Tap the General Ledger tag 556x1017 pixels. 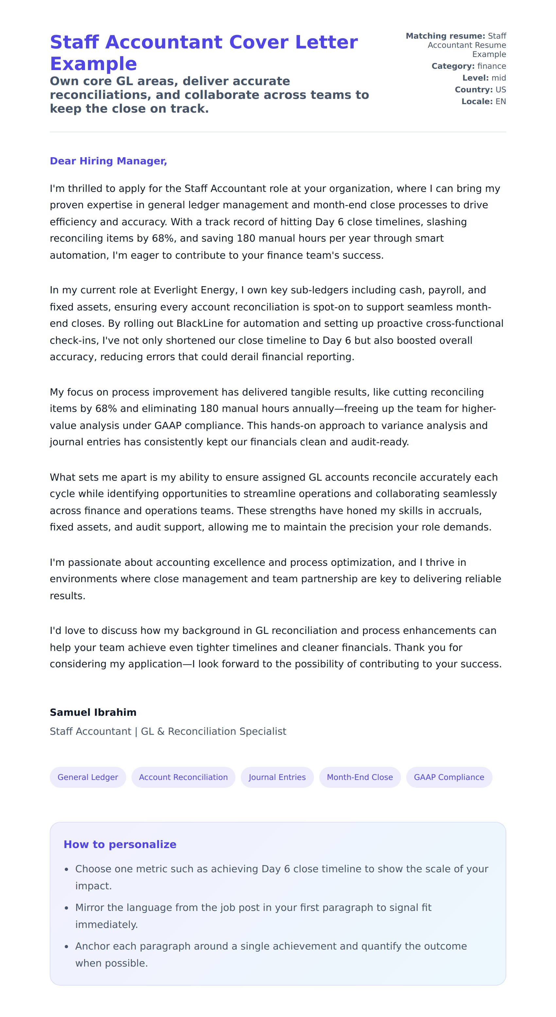pos(88,777)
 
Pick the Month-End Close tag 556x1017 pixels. pos(360,777)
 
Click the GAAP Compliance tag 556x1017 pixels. pos(449,777)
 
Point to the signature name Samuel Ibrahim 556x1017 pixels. pos(93,712)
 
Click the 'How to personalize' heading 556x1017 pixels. pos(120,844)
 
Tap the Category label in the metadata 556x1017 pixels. pos(453,66)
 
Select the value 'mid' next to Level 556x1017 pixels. pos(498,78)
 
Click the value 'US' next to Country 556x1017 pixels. pos(500,90)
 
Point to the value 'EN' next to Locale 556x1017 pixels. pos(500,102)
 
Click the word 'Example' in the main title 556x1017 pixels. pos(94,64)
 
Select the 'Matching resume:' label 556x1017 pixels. pos(445,36)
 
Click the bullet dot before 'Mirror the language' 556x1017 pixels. pos(67,908)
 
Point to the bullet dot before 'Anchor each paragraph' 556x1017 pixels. pos(67,947)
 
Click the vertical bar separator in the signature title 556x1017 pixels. pos(136,731)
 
